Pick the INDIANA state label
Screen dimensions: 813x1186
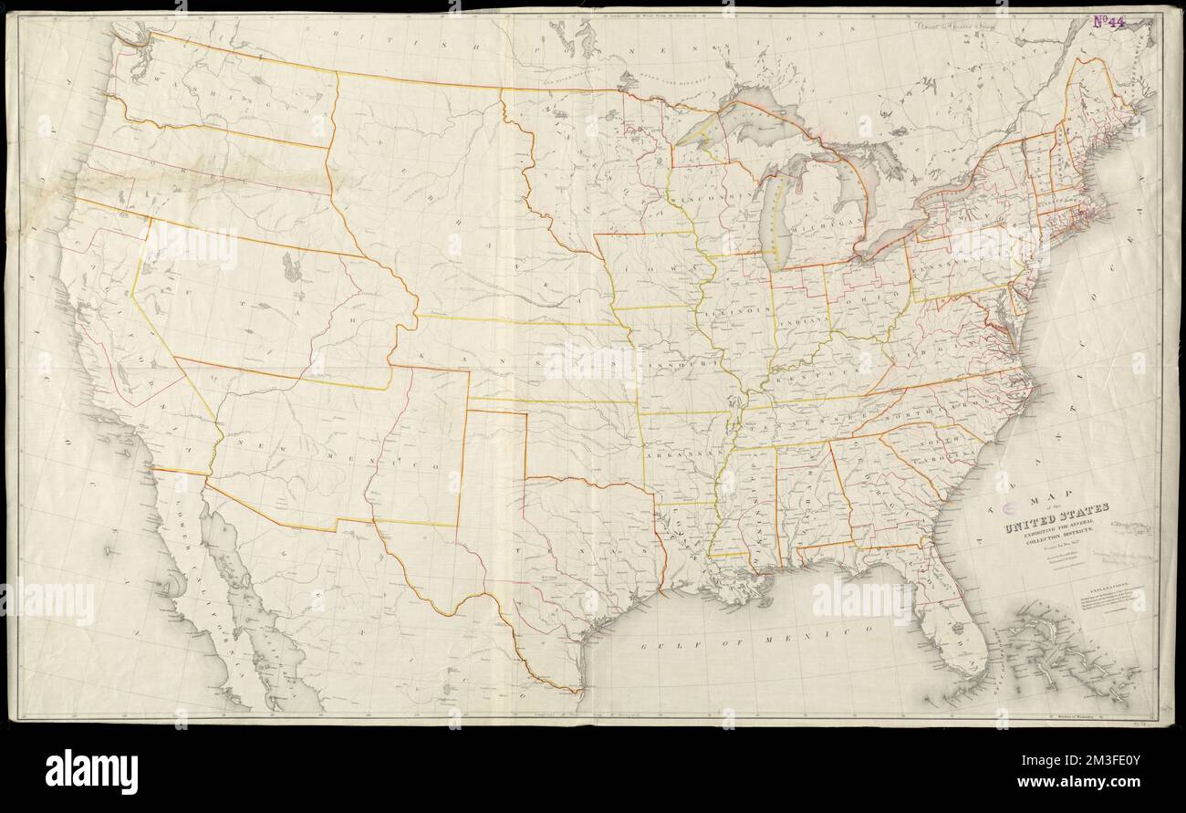[800, 321]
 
